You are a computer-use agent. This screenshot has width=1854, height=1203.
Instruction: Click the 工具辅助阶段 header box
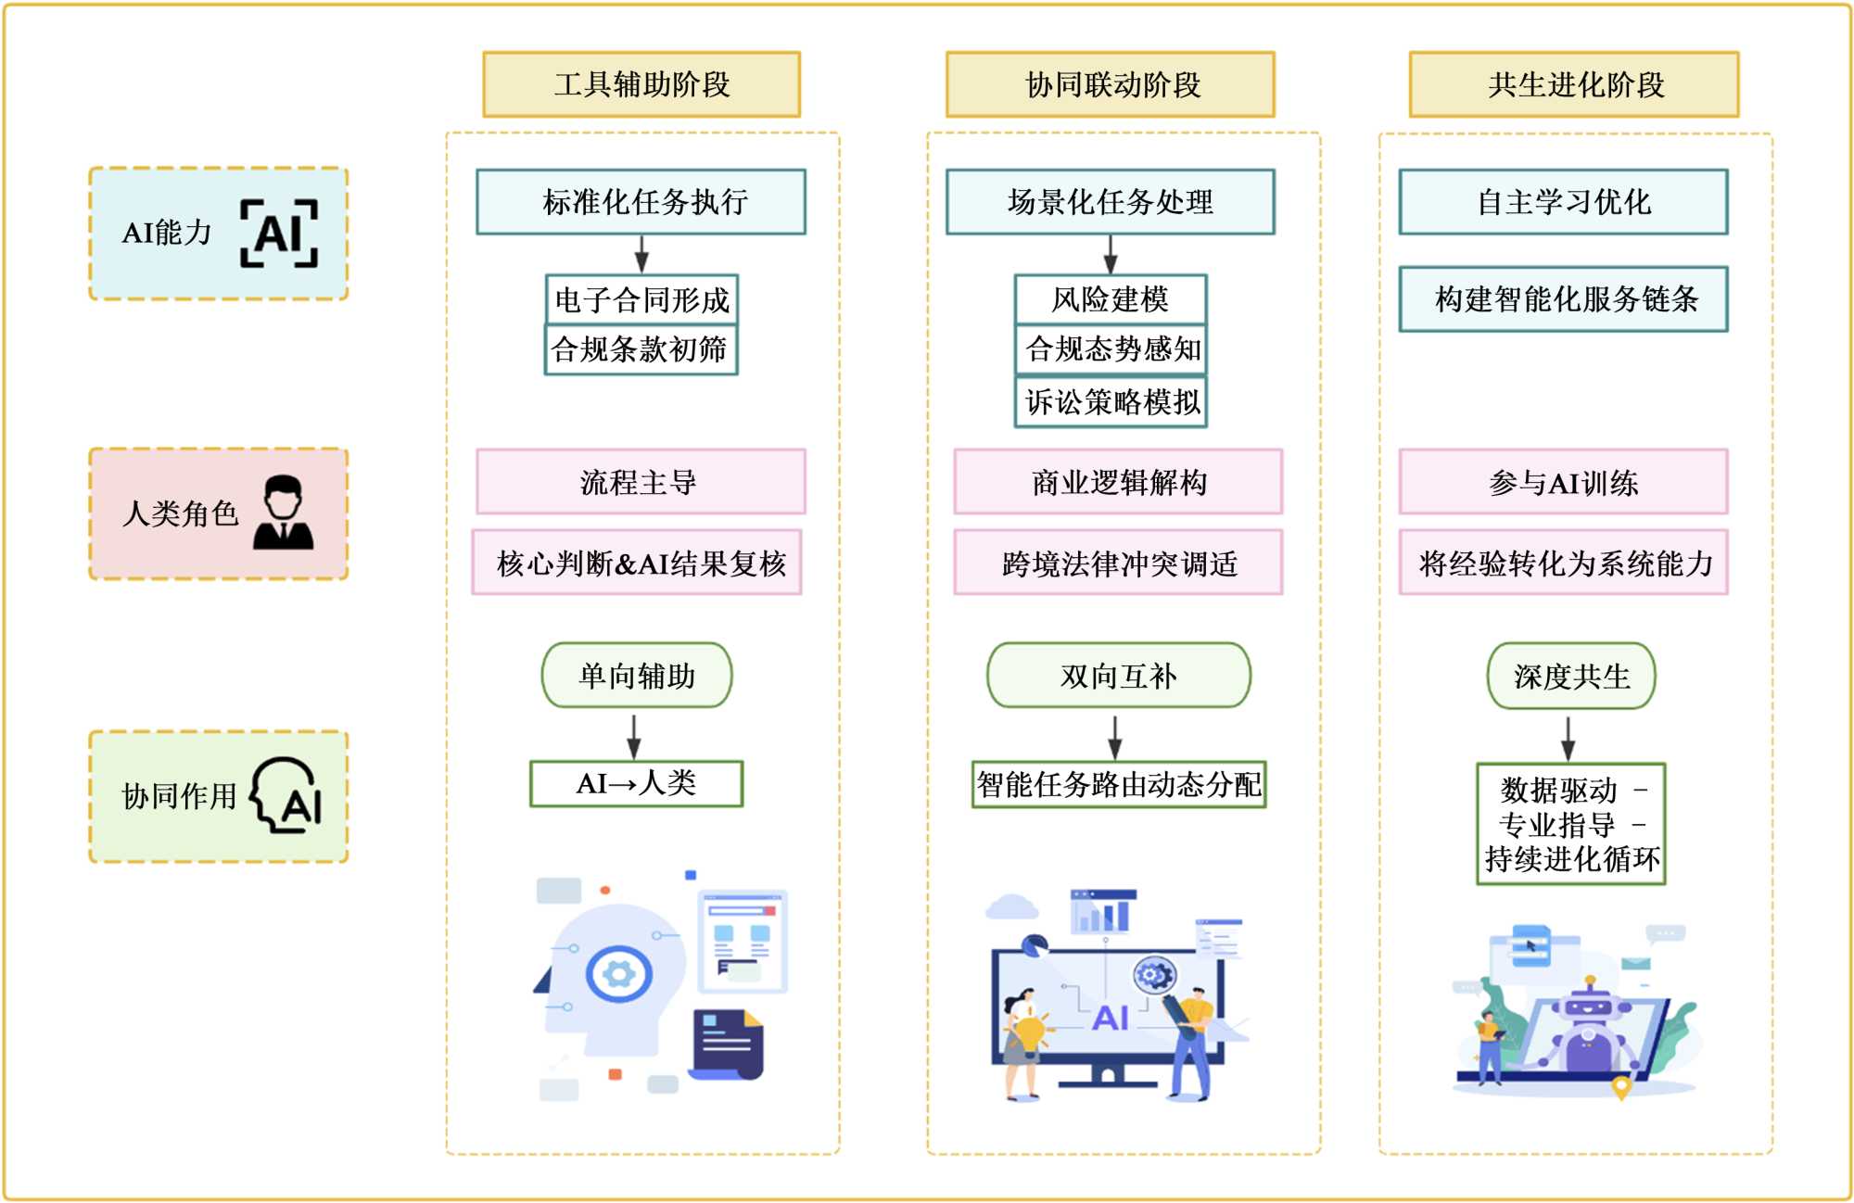pyautogui.click(x=641, y=84)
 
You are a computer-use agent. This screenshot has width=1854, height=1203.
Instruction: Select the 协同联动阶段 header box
pyautogui.click(x=1110, y=84)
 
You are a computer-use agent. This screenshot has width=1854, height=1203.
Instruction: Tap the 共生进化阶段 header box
pyautogui.click(x=1573, y=84)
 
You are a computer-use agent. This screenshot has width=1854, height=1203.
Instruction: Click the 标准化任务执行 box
pyautogui.click(x=641, y=201)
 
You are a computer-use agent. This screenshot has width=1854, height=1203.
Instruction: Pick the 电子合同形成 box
pyautogui.click(x=641, y=298)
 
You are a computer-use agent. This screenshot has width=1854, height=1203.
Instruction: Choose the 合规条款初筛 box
pyautogui.click(x=641, y=349)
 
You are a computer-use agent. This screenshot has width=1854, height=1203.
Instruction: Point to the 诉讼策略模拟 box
pyautogui.click(x=1111, y=401)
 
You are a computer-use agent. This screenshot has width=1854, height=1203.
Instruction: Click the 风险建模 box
pyautogui.click(x=1111, y=298)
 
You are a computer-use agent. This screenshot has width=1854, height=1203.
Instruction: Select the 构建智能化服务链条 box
pyautogui.click(x=1563, y=298)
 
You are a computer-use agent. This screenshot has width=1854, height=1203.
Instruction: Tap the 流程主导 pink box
pyautogui.click(x=641, y=482)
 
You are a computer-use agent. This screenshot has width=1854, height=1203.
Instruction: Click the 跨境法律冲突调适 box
pyautogui.click(x=1118, y=563)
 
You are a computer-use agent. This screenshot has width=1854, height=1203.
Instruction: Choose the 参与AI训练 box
pyautogui.click(x=1563, y=482)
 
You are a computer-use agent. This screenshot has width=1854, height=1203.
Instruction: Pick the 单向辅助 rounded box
pyautogui.click(x=637, y=676)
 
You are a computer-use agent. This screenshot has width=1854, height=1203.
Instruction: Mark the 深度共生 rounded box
pyautogui.click(x=1571, y=676)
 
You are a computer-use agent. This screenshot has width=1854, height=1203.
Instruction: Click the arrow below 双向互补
pyautogui.click(x=1116, y=737)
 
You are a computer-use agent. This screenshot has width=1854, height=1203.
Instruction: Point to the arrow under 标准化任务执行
pyautogui.click(x=641, y=253)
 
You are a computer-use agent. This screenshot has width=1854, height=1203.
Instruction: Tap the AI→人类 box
pyautogui.click(x=636, y=784)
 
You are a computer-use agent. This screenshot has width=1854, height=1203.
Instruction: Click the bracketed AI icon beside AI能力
pyautogui.click(x=279, y=234)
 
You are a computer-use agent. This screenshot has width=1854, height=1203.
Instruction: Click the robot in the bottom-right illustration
pyautogui.click(x=1589, y=1029)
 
